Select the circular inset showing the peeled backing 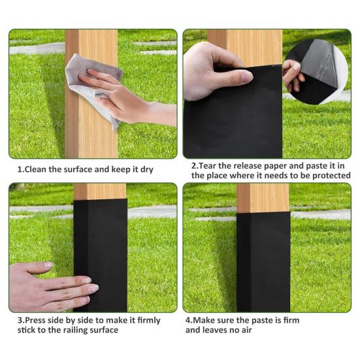pyautogui.click(x=316, y=72)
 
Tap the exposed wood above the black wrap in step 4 pyautogui.click(x=263, y=198)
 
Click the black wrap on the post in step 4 pyautogui.click(x=263, y=262)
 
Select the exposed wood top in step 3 pyautogui.click(x=100, y=191)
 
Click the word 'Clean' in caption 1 pyautogui.click(x=35, y=169)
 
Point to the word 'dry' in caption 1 pyautogui.click(x=147, y=170)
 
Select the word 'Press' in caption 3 pyautogui.click(x=35, y=320)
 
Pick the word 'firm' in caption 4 pyautogui.click(x=291, y=320)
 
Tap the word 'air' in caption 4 pyautogui.click(x=247, y=330)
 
